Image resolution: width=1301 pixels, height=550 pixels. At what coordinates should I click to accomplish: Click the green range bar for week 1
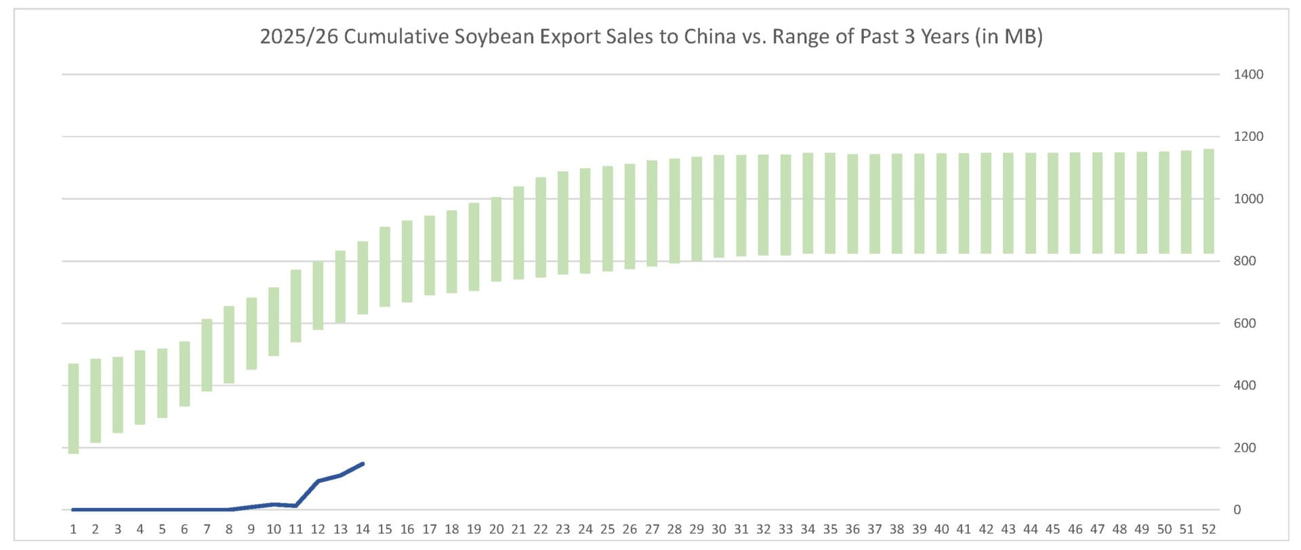73,408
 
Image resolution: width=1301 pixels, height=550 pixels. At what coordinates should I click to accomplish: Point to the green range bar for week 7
207,355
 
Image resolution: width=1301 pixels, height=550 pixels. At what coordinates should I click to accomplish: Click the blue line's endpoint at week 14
363,464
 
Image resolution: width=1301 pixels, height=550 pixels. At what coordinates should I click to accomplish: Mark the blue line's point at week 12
318,482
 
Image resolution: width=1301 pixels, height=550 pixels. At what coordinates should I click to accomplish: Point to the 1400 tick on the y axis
1248,75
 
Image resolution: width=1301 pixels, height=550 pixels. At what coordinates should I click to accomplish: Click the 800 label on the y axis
1244,261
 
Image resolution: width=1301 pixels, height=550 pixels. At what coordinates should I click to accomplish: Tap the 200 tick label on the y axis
1244,448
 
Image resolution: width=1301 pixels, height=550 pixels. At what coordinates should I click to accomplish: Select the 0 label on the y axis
1237,510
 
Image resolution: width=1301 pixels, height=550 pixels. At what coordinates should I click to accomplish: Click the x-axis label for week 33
785,529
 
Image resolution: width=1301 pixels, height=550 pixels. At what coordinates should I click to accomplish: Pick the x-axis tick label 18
452,529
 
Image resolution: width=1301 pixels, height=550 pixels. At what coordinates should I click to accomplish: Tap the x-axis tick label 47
1097,529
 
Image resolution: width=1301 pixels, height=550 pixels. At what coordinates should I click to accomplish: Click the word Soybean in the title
494,36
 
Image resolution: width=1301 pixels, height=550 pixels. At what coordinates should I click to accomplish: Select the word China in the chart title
709,36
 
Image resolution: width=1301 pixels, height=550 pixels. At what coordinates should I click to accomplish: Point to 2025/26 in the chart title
298,36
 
